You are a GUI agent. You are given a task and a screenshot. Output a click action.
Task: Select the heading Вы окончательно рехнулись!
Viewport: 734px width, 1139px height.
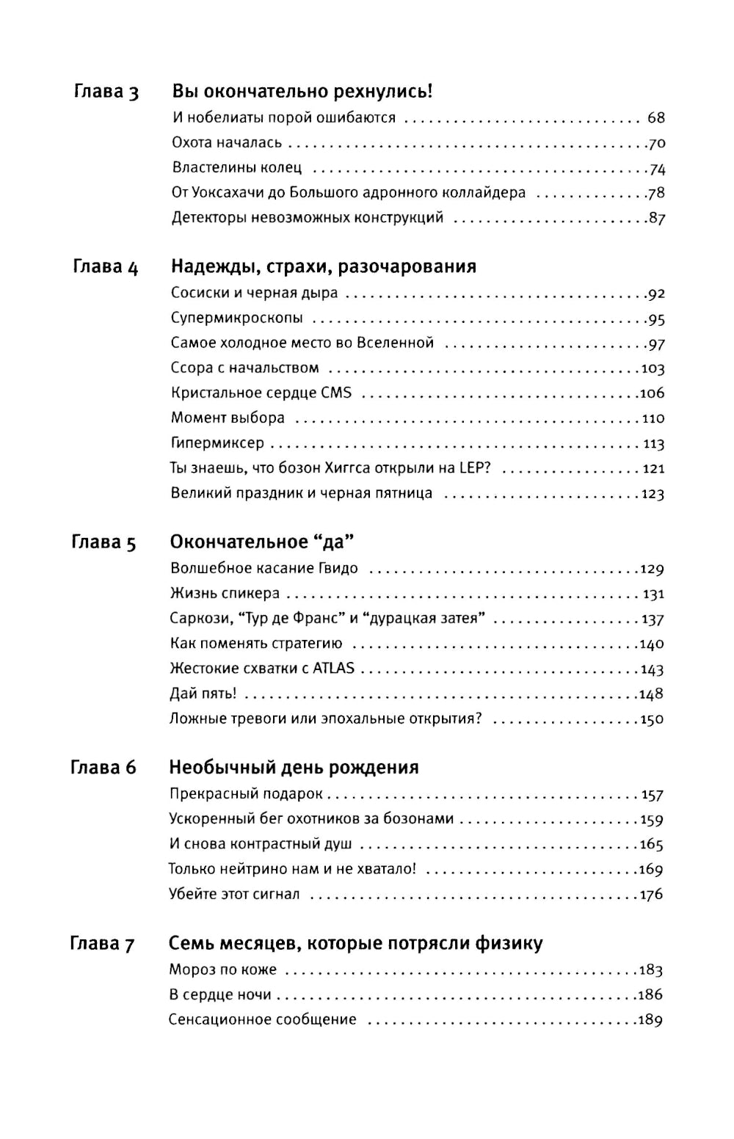click(302, 92)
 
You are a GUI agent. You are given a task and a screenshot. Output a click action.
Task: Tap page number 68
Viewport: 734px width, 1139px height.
click(655, 118)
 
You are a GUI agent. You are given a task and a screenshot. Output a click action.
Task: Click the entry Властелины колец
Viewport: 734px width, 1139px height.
click(236, 168)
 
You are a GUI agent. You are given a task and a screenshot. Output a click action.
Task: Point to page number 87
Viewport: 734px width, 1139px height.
click(656, 218)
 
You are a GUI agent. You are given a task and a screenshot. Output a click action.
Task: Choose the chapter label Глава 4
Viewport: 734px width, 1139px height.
click(105, 267)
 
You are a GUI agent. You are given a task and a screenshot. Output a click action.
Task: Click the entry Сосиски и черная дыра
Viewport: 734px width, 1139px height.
click(254, 293)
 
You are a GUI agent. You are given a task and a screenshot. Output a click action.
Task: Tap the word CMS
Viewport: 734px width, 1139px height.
click(336, 393)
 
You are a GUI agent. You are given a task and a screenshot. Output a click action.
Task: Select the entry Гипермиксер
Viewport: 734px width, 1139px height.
click(217, 443)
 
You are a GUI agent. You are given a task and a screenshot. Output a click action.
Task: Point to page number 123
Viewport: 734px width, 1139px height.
click(652, 494)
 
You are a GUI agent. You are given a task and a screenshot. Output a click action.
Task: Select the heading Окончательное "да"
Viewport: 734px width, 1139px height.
click(262, 542)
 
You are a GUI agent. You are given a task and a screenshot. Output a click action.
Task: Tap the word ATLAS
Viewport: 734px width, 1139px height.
click(333, 669)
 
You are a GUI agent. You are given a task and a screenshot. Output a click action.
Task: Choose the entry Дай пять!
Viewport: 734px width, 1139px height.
click(203, 694)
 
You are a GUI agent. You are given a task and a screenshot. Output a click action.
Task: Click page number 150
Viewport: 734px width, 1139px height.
click(652, 719)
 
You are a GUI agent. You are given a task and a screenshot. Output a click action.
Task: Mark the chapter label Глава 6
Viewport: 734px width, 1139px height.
click(103, 768)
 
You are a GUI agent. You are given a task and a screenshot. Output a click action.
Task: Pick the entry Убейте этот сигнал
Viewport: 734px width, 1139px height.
click(234, 895)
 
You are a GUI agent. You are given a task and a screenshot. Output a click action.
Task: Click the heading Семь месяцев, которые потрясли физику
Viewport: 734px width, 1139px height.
click(355, 943)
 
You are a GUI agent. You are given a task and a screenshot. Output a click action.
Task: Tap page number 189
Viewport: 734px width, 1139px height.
click(650, 1020)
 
